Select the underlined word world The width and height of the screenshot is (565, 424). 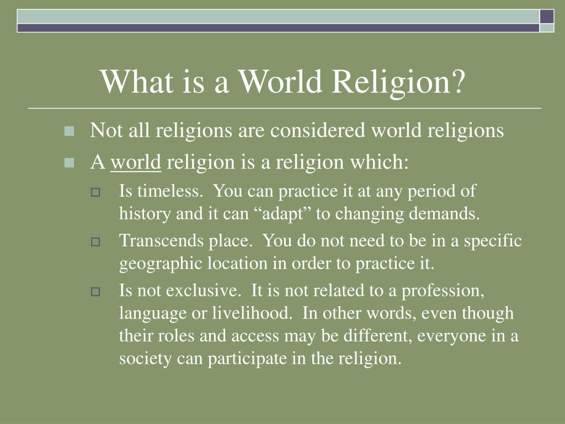(x=136, y=162)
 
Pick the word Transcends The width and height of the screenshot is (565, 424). (x=162, y=240)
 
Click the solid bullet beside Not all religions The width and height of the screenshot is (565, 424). (x=69, y=131)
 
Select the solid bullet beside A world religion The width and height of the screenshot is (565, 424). (x=69, y=163)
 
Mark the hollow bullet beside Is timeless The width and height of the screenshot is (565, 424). (x=95, y=192)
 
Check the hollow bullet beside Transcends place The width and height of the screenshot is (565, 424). (x=95, y=242)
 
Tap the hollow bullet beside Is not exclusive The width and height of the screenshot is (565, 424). (x=95, y=291)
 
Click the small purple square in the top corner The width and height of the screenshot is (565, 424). (x=547, y=17)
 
